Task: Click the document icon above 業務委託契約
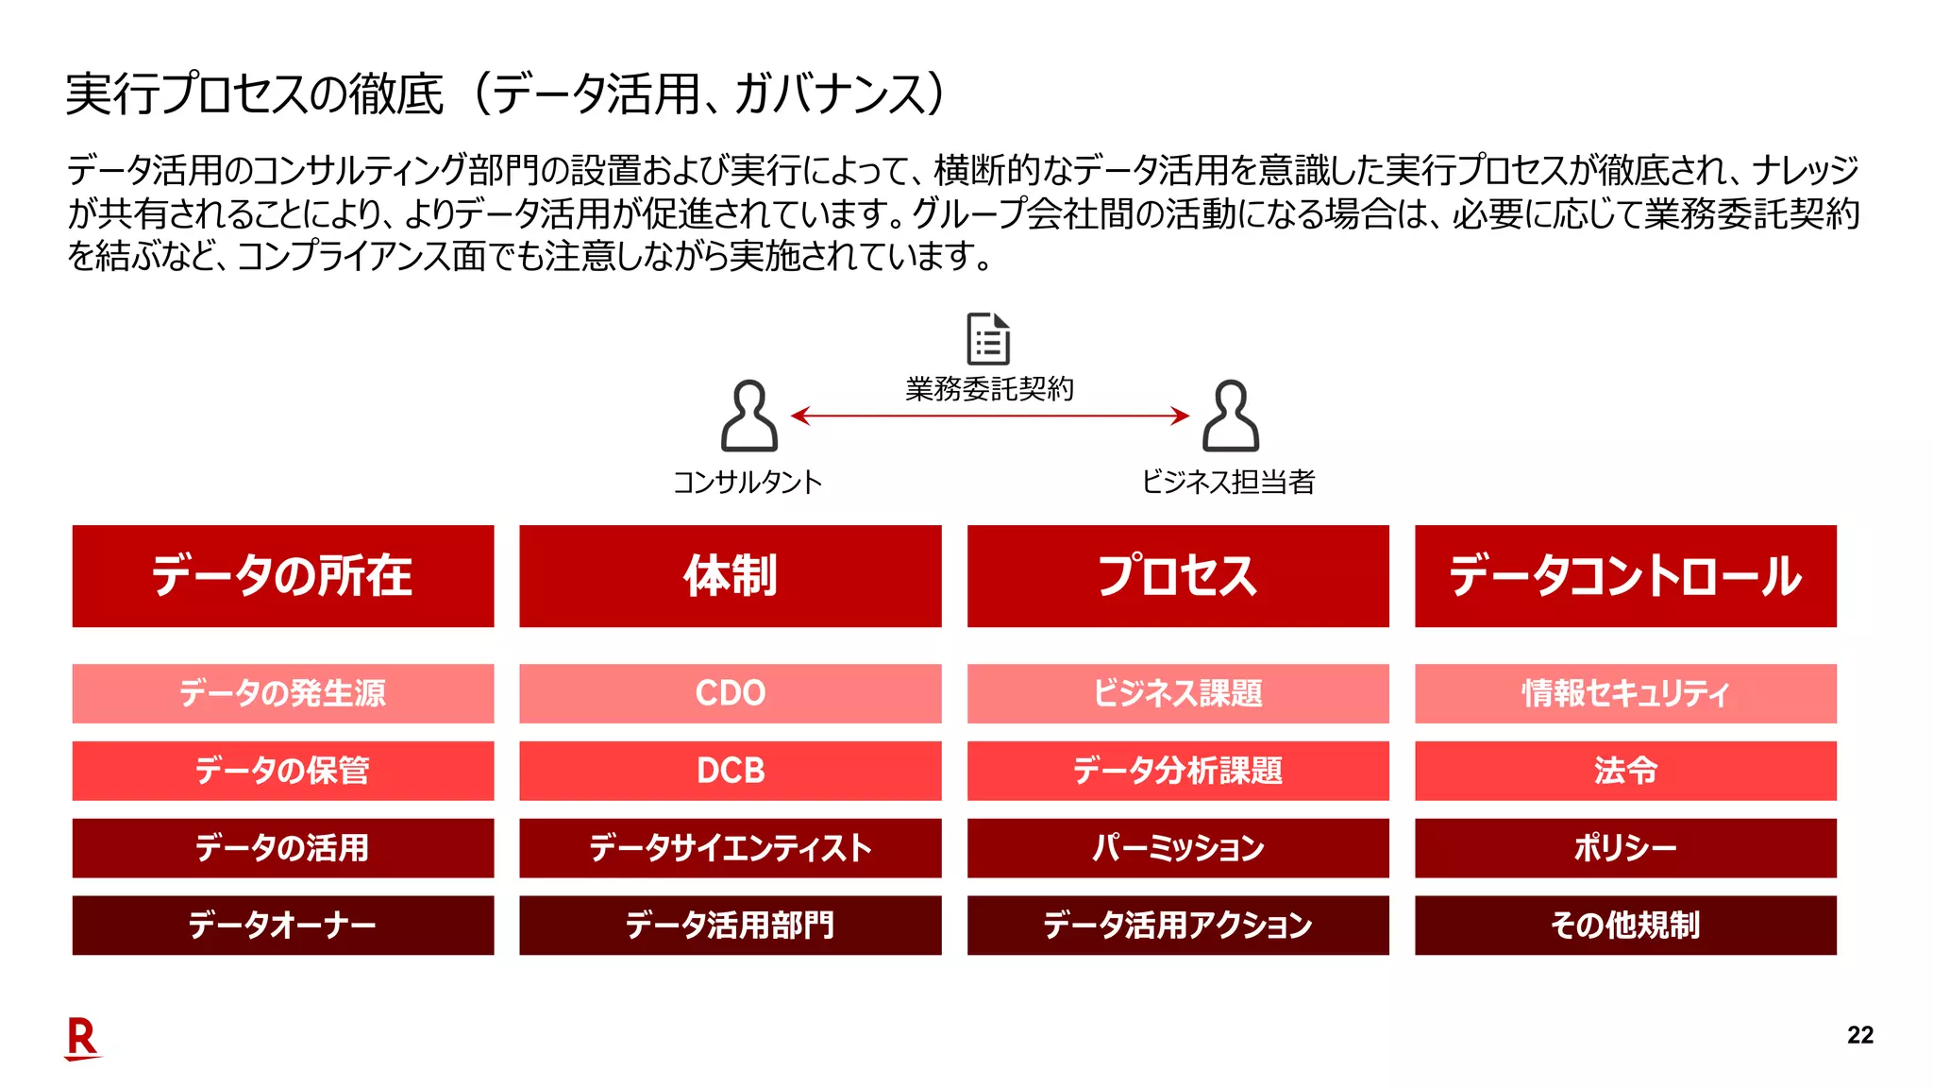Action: (988, 338)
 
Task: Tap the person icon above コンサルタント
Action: (749, 416)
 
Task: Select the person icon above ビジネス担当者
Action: (1230, 416)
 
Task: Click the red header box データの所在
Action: (283, 576)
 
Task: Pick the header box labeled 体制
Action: (731, 576)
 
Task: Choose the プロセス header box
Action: (1178, 576)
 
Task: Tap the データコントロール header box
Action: (1625, 576)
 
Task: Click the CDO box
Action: (731, 693)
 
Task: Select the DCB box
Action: (731, 771)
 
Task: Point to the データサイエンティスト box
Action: (731, 848)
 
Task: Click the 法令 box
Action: (1625, 771)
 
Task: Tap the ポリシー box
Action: (1625, 848)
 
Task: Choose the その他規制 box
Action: (1625, 926)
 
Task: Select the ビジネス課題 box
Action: (1178, 693)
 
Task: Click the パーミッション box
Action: (1178, 848)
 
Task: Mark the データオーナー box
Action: (283, 926)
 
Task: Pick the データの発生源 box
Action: (283, 693)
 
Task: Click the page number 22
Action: (1860, 1035)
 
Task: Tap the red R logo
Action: (82, 1038)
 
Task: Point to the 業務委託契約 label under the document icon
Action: (989, 389)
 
